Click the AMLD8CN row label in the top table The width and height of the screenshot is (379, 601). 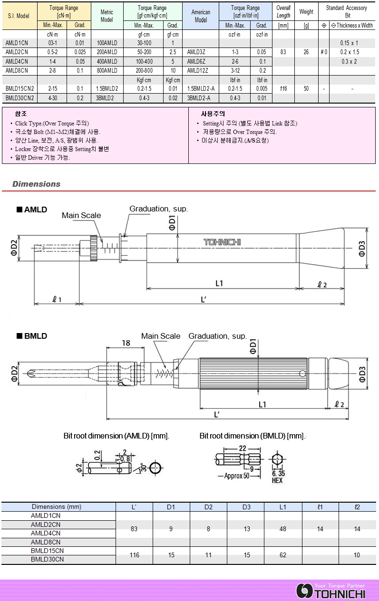click(x=17, y=70)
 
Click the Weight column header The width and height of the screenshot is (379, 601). click(x=306, y=12)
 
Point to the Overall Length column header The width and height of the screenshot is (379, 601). click(x=283, y=12)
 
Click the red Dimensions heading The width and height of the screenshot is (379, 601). click(x=37, y=184)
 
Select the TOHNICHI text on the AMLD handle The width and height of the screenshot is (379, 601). click(x=222, y=242)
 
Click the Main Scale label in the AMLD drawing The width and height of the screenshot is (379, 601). click(x=81, y=216)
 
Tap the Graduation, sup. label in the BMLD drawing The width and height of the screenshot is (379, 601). click(x=217, y=336)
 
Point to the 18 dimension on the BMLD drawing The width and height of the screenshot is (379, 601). click(x=126, y=343)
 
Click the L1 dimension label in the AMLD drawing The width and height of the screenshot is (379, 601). click(x=219, y=283)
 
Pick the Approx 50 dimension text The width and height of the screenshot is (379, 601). click(x=236, y=476)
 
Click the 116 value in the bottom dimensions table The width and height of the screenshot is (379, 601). click(x=134, y=555)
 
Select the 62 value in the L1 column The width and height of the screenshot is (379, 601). click(x=283, y=555)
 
